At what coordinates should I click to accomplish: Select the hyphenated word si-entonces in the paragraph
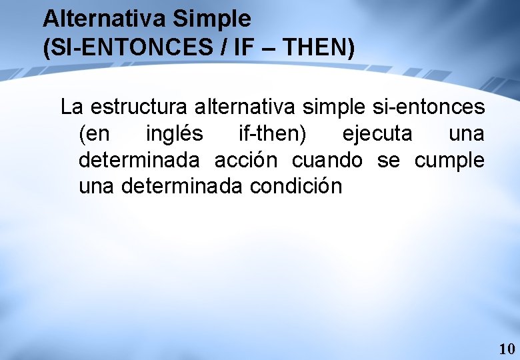pos(424,107)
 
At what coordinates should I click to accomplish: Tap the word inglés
pos(175,133)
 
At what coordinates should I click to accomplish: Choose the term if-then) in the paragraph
pos(273,133)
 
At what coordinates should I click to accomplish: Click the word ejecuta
pos(377,133)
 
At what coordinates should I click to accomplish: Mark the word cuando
pos(327,160)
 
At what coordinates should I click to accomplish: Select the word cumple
pos(449,161)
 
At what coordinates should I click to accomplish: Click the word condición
pos(296,187)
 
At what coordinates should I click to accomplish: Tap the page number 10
pos(506,349)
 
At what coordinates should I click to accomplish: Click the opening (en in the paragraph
pos(95,133)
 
